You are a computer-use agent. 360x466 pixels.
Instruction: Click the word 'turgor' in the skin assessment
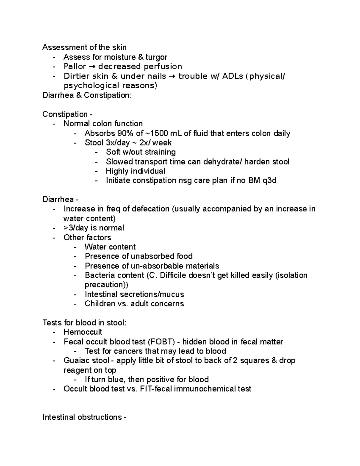pyautogui.click(x=156, y=57)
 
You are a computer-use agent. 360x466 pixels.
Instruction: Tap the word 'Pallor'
pyautogui.click(x=75, y=66)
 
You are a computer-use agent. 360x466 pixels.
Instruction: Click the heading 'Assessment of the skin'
pyautogui.click(x=84, y=47)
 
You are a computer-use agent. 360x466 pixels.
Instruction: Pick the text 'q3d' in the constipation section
pyautogui.click(x=269, y=181)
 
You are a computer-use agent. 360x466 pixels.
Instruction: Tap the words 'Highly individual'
pyautogui.click(x=135, y=171)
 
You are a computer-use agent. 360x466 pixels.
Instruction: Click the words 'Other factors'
pyautogui.click(x=87, y=237)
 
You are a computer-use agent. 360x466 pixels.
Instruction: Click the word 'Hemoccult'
pyautogui.click(x=83, y=332)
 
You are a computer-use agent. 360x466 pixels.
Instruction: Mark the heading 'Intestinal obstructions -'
pyautogui.click(x=84, y=417)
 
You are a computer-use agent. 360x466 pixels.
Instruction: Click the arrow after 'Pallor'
pyautogui.click(x=92, y=67)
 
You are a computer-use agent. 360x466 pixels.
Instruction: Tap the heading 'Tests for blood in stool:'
pyautogui.click(x=84, y=323)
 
